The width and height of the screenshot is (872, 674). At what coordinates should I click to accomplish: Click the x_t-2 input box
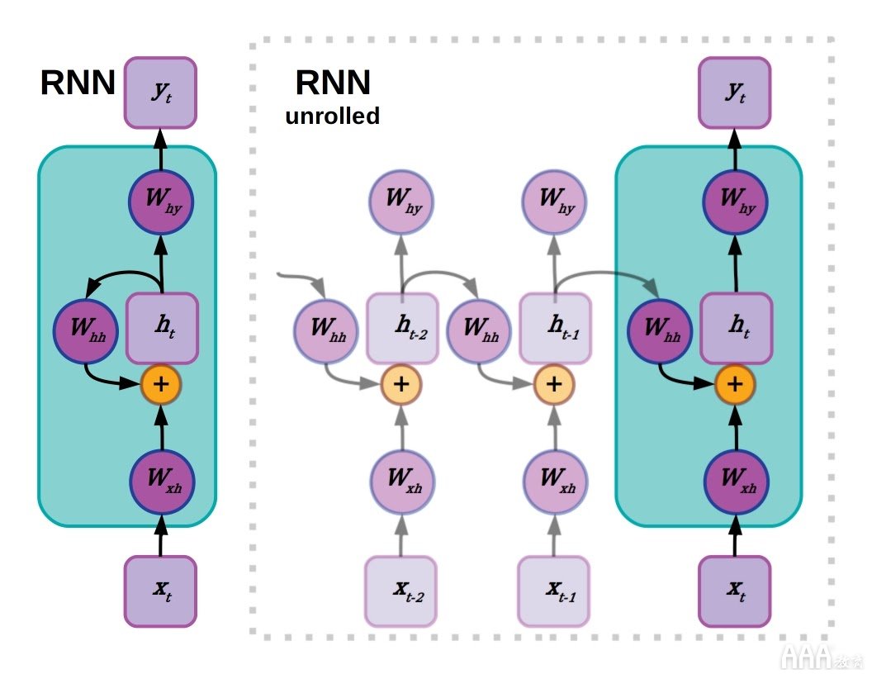pos(401,591)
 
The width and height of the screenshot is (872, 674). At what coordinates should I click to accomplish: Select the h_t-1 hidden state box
pos(555,328)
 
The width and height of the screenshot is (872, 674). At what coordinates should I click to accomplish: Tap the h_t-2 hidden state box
pos(402,328)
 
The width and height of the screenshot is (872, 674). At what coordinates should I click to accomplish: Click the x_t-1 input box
pos(554,591)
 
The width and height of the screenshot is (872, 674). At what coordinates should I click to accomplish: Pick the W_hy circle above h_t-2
pos(401,202)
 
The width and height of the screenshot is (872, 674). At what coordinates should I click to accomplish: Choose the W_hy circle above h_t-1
pos(554,202)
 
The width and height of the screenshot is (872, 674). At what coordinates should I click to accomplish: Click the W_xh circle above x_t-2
pos(403,482)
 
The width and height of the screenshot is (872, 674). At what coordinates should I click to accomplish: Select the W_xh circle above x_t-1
pos(555,482)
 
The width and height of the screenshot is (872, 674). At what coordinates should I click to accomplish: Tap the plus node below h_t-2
pos(401,384)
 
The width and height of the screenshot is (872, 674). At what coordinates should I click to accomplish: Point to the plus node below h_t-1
pos(554,384)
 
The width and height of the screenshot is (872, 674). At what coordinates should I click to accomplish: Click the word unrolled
pos(333,116)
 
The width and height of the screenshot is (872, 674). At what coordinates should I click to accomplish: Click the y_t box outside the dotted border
pos(160,93)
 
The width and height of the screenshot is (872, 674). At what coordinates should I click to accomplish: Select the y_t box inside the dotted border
pos(735,93)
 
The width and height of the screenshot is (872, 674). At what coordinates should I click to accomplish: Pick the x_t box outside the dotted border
pos(160,591)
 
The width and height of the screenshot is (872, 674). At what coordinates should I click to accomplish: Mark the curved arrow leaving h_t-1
pos(606,273)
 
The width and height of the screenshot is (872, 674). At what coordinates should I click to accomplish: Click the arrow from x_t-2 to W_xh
pos(401,535)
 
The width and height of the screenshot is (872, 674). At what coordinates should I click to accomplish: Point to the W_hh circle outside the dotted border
pos(86,331)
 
